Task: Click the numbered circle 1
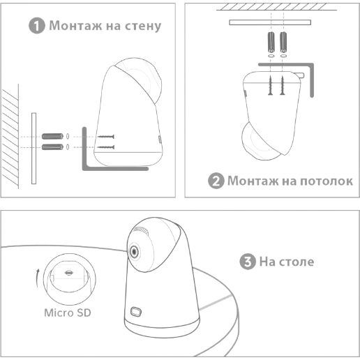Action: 36,26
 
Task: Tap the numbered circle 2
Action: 216,181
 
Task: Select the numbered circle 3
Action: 248,262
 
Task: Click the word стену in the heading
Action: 143,26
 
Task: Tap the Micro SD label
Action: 68,313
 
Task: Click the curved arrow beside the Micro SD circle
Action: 38,278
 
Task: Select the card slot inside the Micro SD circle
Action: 68,273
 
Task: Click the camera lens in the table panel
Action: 134,251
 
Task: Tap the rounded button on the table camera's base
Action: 136,312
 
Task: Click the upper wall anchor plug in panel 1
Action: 52,136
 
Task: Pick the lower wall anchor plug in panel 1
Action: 52,147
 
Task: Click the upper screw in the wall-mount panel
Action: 106,137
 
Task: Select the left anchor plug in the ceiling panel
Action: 271,43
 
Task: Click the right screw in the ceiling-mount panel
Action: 283,85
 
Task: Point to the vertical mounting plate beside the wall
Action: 33,149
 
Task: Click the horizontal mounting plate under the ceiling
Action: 270,22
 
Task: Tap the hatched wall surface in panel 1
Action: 10,137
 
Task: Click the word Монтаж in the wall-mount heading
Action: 75,25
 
